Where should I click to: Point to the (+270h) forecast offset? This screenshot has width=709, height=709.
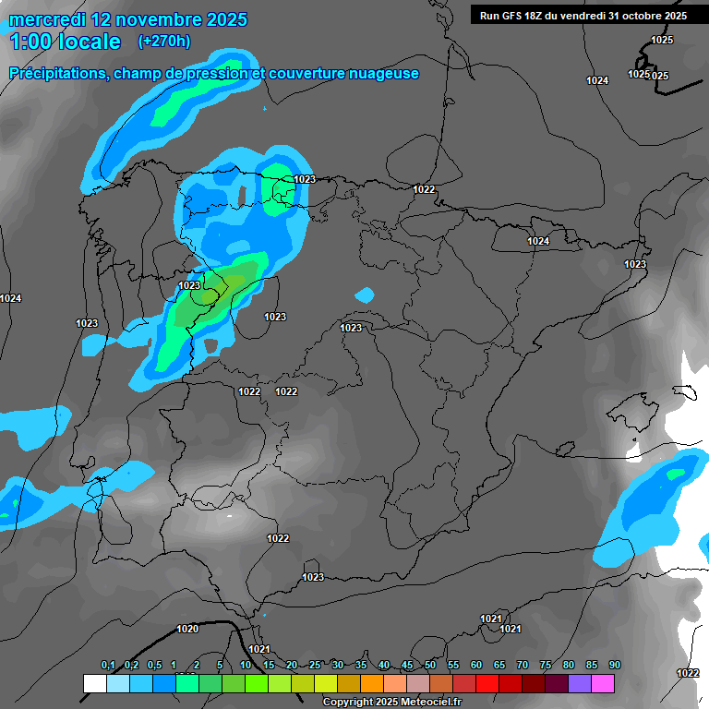coord(164,41)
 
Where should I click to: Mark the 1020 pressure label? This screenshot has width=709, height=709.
coord(187,629)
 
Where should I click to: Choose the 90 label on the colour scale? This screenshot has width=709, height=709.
coord(614,666)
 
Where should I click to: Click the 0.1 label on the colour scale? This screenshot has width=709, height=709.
coord(108,666)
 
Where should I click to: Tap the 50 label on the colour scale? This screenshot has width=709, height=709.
coord(430,666)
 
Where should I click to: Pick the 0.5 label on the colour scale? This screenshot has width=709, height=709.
coord(153,666)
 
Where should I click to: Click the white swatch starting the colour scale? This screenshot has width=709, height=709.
coord(94,683)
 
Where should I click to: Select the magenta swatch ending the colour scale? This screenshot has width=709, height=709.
coord(603,683)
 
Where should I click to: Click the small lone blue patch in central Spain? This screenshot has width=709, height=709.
coord(366,295)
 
